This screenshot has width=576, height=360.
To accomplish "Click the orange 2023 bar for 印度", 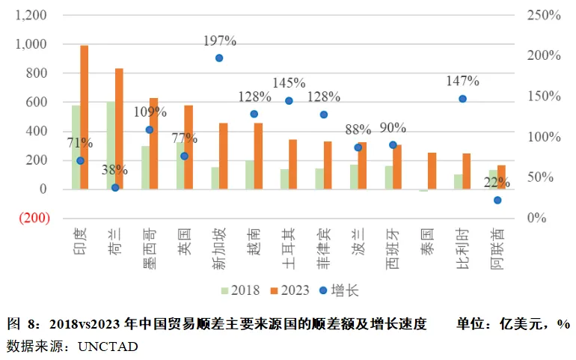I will pyautogui.click(x=85, y=117).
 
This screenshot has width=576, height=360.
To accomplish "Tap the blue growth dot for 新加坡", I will pyautogui.click(x=219, y=58).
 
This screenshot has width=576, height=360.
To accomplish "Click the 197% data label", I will pyautogui.click(x=219, y=40).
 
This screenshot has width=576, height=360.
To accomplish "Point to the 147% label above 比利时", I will pyautogui.click(x=462, y=81).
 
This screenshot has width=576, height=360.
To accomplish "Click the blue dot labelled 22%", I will pyautogui.click(x=497, y=200).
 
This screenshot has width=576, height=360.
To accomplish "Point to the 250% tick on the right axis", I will pyautogui.click(x=544, y=15).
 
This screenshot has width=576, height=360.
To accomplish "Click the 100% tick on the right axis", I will pyautogui.click(x=544, y=137).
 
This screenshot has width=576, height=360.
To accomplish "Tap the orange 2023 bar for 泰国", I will pyautogui.click(x=432, y=171).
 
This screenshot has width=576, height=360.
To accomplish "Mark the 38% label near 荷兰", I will pyautogui.click(x=114, y=170).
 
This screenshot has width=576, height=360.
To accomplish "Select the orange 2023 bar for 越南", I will pyautogui.click(x=258, y=156).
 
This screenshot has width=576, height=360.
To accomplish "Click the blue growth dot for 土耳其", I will pyautogui.click(x=289, y=100).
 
